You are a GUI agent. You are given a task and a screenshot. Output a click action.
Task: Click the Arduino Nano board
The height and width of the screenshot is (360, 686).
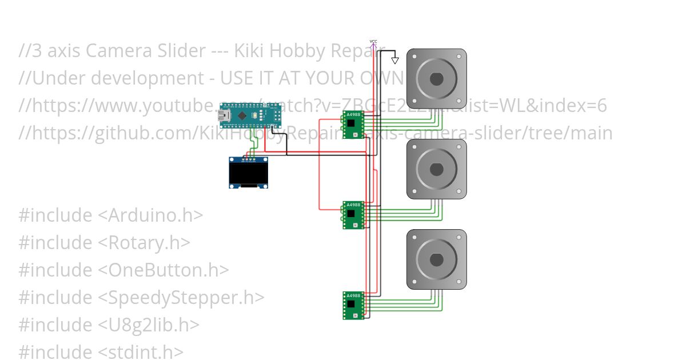(251, 116)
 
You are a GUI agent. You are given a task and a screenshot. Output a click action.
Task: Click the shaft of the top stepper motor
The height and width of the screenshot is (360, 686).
(436, 79)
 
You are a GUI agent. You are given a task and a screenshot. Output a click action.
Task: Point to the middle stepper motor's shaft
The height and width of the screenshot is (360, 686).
(436, 169)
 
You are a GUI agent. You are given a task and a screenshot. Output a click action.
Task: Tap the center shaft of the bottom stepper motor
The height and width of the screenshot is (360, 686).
(436, 259)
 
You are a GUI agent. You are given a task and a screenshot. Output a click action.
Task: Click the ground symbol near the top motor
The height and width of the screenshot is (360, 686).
(394, 60)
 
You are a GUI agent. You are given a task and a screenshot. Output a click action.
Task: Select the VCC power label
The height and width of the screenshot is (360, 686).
(373, 42)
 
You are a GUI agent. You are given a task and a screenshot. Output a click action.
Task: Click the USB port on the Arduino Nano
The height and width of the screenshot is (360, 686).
(223, 116)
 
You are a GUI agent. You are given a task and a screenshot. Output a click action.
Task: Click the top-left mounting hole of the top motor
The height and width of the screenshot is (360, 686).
(413, 56)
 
